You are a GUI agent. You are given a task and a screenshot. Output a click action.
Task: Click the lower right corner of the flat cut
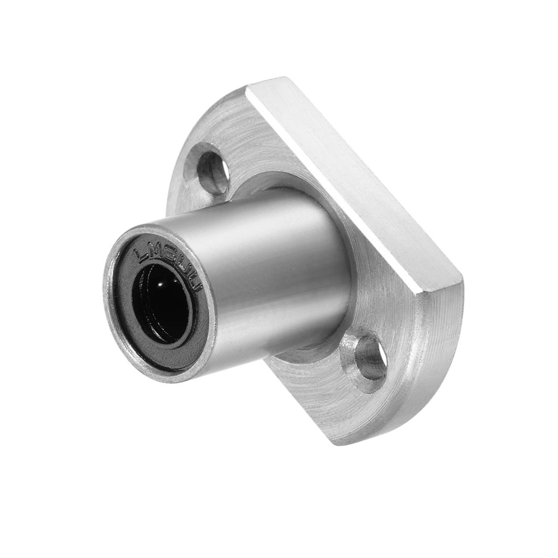click(x=459, y=278)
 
